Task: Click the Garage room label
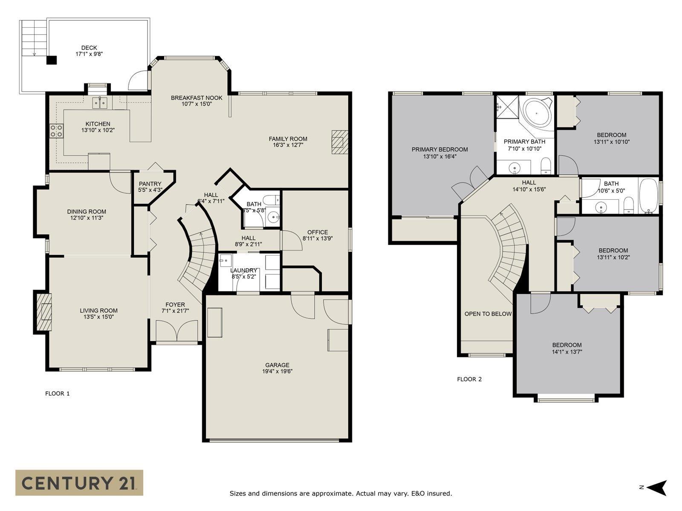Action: point(277,365)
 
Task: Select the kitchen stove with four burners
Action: point(57,130)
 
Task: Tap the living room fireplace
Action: point(43,312)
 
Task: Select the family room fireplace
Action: point(340,142)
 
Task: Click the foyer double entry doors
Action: point(177,331)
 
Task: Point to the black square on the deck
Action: point(52,60)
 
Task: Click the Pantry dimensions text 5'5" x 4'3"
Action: point(150,190)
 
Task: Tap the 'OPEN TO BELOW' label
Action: point(488,314)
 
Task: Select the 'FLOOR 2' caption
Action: point(469,379)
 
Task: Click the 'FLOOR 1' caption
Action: point(58,393)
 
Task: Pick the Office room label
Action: point(318,232)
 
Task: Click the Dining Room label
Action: point(87,212)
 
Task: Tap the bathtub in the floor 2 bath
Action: point(648,195)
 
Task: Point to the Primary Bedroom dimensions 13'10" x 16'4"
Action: point(439,156)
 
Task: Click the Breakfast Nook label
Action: point(197,98)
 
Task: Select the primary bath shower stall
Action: point(508,107)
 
